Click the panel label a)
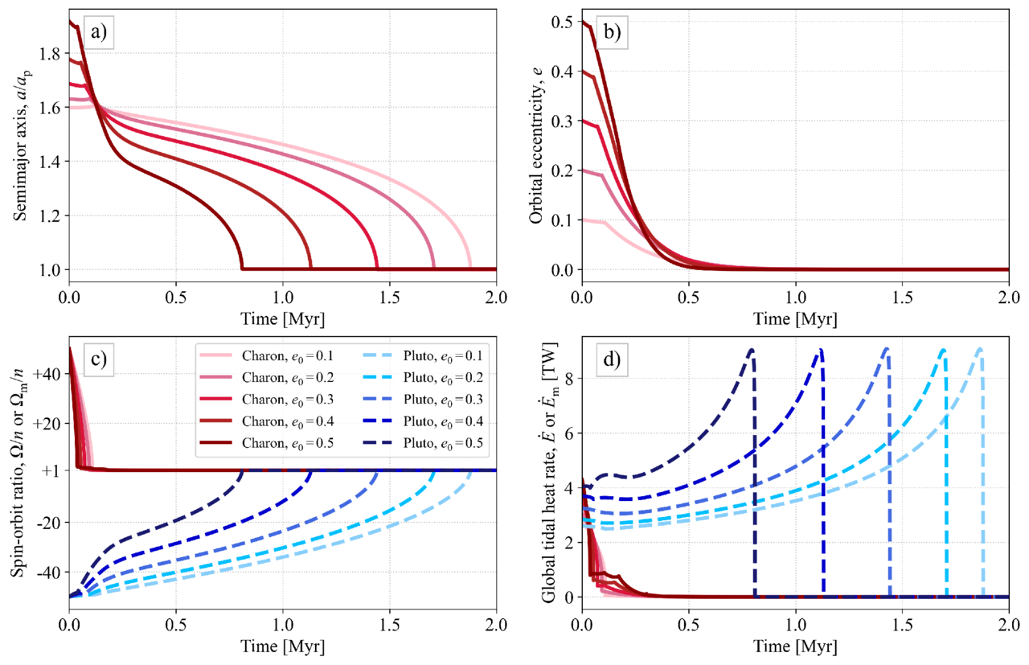pyautogui.click(x=100, y=33)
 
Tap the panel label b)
pyautogui.click(x=612, y=33)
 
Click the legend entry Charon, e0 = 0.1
pyautogui.click(x=286, y=355)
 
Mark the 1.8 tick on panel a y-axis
pyautogui.click(x=51, y=54)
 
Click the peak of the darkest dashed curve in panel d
pyautogui.click(x=752, y=349)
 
